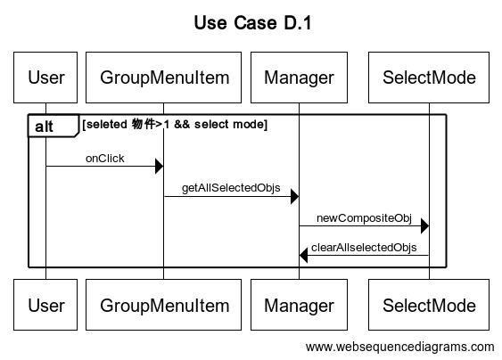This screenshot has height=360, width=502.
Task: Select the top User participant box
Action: (46, 78)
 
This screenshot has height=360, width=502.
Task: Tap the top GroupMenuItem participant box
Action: (164, 78)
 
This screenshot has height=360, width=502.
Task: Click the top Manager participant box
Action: (298, 78)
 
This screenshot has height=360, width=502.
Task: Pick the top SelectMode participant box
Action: (429, 78)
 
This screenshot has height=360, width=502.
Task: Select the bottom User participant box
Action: (46, 306)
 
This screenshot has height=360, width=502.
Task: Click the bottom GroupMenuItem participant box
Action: (164, 306)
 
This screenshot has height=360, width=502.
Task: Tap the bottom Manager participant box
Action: (298, 306)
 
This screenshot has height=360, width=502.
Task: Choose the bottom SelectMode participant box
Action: (429, 306)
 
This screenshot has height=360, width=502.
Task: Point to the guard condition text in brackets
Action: (174, 125)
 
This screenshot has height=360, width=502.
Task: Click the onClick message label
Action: (105, 159)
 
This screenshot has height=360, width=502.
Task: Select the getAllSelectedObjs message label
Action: (231, 189)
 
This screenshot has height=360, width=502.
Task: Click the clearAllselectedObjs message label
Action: (364, 247)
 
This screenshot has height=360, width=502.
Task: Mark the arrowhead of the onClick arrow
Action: (159, 166)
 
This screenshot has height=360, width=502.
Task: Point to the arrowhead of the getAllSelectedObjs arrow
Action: (293, 196)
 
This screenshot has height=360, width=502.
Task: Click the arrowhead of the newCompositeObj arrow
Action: (424, 226)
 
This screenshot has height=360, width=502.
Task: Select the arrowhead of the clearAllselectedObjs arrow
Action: (304, 257)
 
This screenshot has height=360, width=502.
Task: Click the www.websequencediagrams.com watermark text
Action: (399, 347)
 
